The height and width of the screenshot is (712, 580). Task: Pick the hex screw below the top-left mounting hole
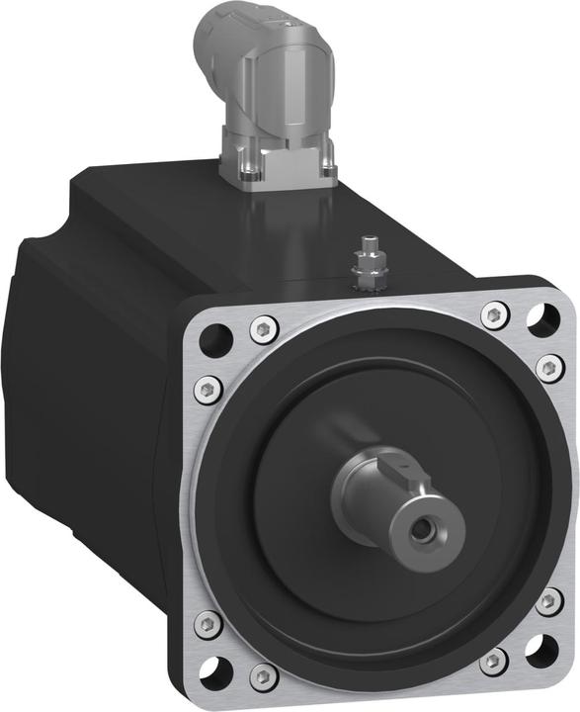207,387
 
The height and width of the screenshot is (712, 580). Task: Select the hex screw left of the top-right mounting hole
494,314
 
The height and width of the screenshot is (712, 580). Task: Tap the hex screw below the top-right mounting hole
548,367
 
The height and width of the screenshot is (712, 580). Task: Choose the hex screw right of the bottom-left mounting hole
262,676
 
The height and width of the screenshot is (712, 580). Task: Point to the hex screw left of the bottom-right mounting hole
493,659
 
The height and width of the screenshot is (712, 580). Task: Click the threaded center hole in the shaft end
424,530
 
